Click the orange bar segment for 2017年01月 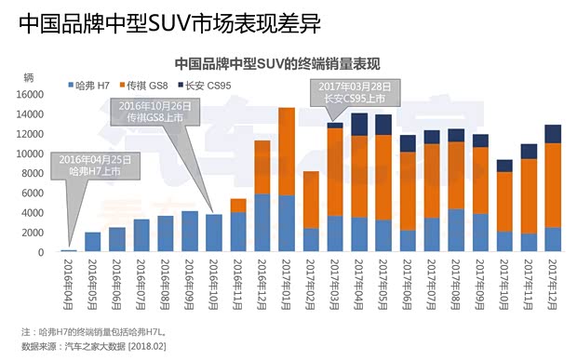[286, 152]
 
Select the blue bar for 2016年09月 [189, 232]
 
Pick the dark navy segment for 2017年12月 [552, 134]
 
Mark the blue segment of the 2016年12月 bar [262, 222]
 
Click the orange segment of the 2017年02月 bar [311, 199]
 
